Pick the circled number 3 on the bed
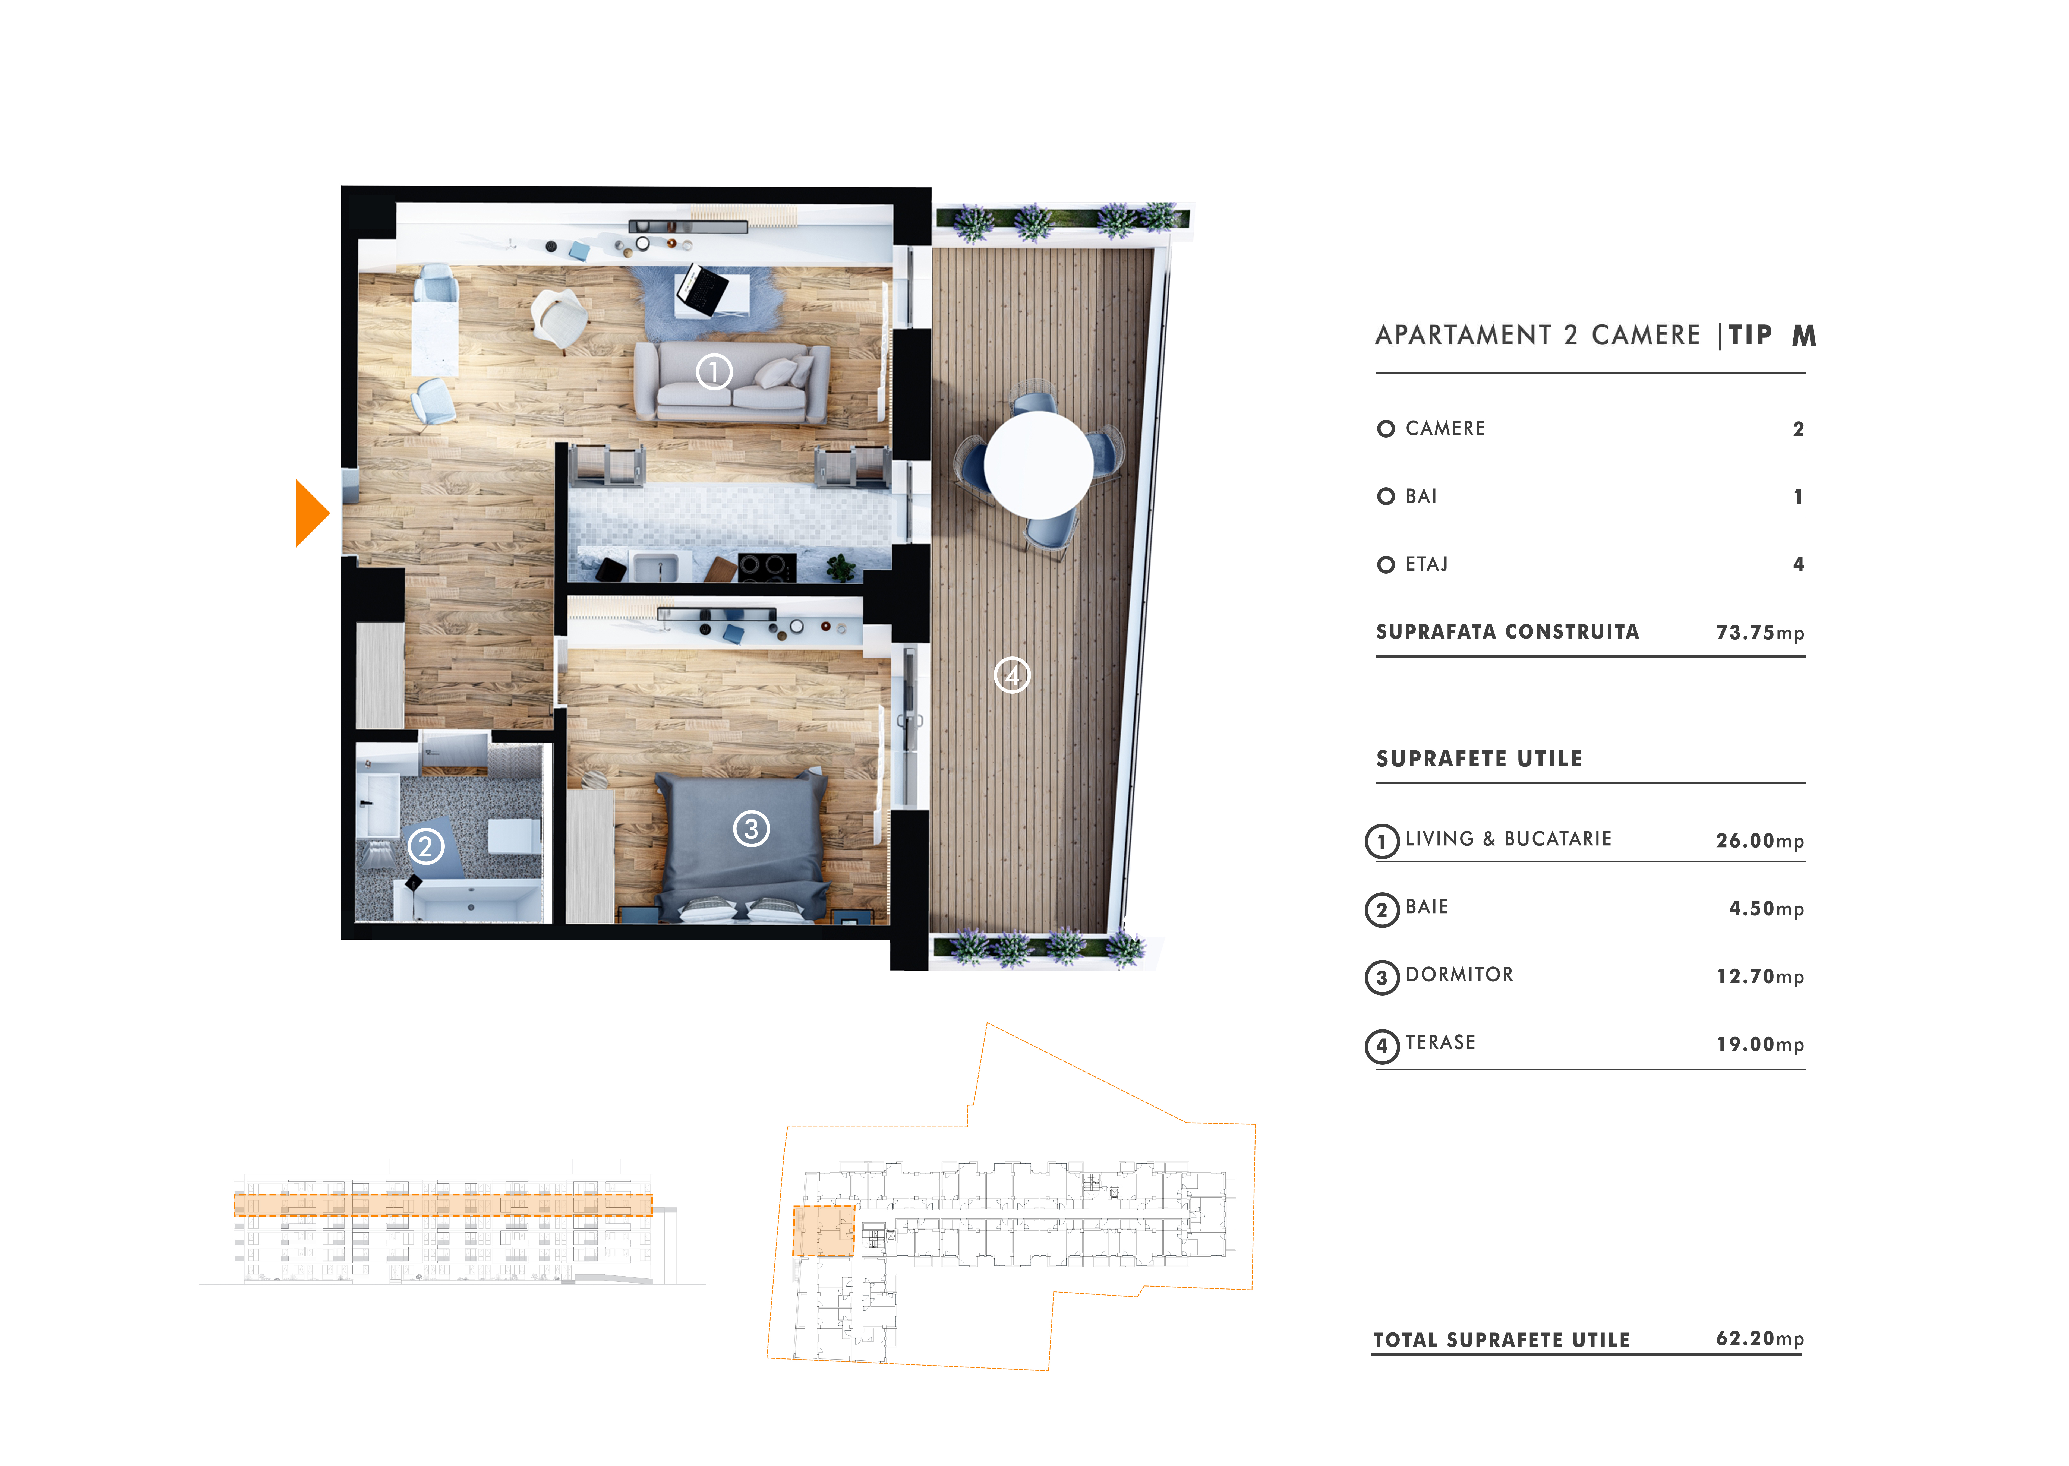[x=751, y=828]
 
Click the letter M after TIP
[x=1804, y=336]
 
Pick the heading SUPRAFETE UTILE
[x=1479, y=758]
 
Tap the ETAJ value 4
[x=1798, y=564]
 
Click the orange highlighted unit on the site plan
[x=823, y=1230]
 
